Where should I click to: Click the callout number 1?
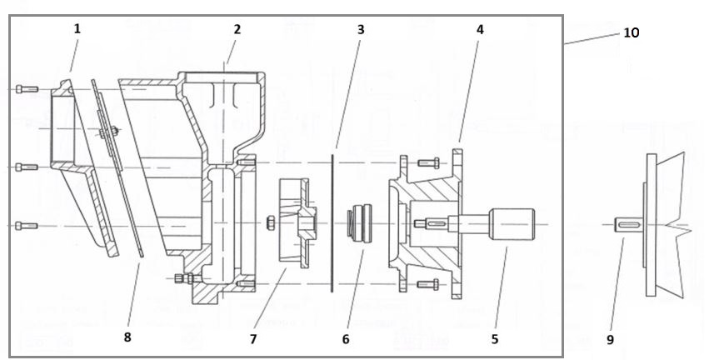pyautogui.click(x=77, y=28)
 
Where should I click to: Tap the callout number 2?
pyautogui.click(x=237, y=29)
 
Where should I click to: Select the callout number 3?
pyautogui.click(x=361, y=29)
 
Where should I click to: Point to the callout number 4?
pyautogui.click(x=480, y=29)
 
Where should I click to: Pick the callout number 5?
pyautogui.click(x=494, y=339)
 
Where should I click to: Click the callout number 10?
pyautogui.click(x=631, y=32)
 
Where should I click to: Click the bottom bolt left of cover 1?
pyautogui.click(x=27, y=225)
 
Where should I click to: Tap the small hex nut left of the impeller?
pyautogui.click(x=270, y=222)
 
